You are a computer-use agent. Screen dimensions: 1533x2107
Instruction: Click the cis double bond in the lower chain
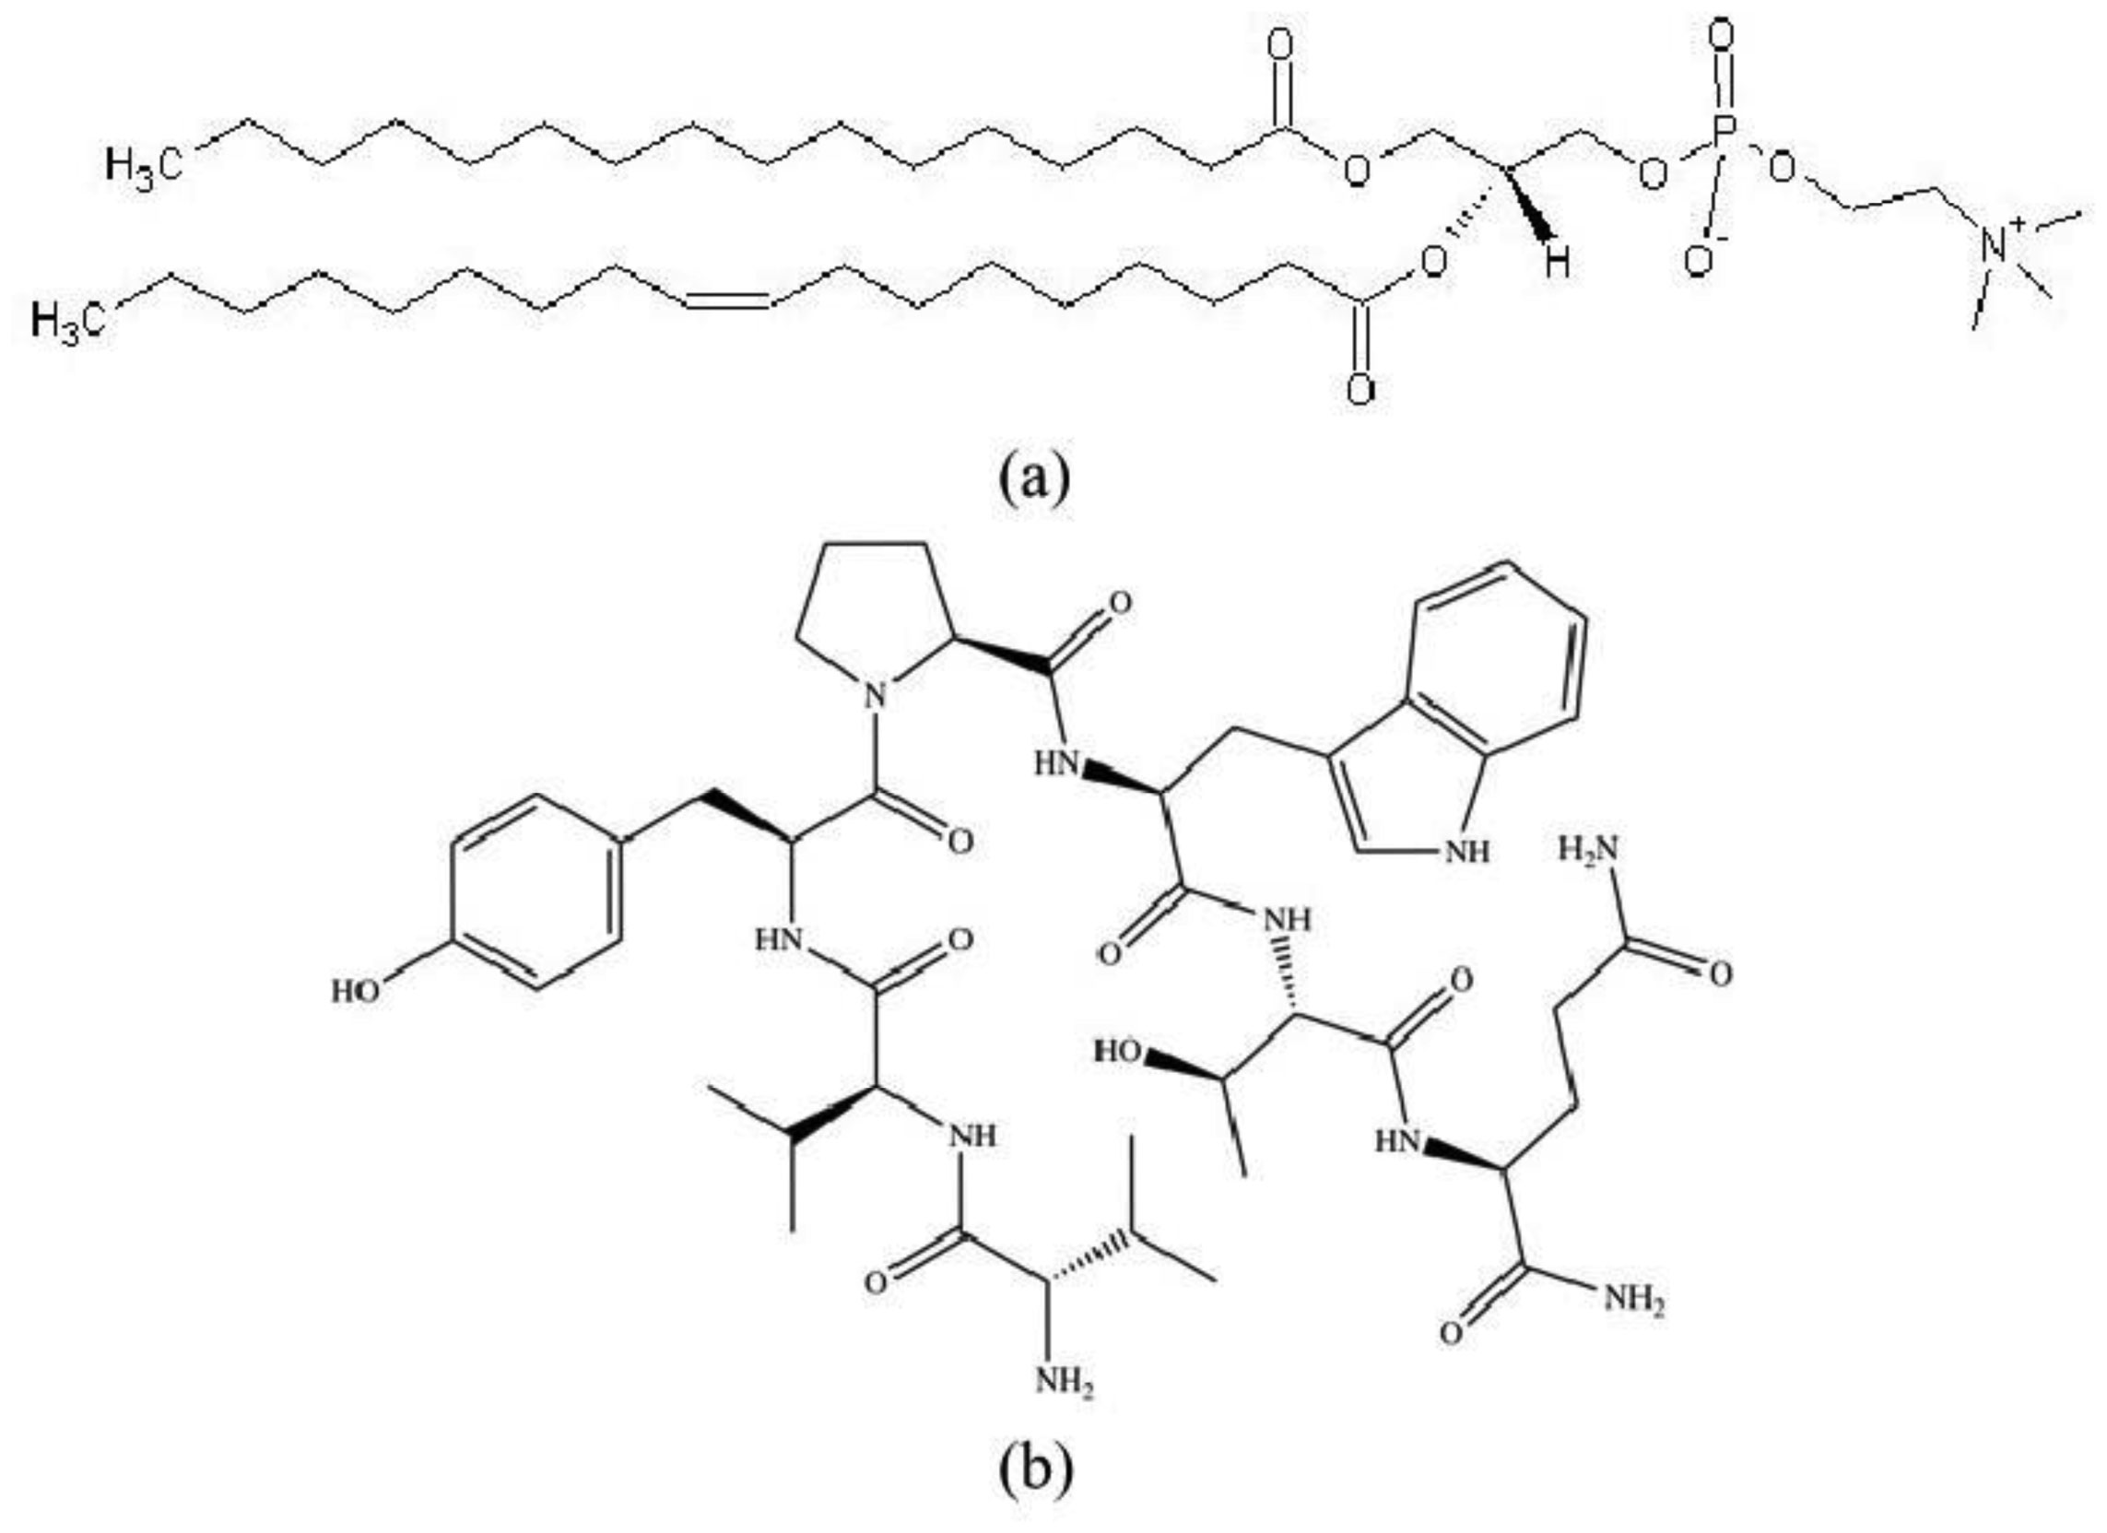click(727, 298)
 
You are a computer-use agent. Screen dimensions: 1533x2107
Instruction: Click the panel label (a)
click(1035, 476)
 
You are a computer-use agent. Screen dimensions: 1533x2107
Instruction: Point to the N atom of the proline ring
click(871, 693)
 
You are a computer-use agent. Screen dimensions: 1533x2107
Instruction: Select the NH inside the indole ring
click(1466, 851)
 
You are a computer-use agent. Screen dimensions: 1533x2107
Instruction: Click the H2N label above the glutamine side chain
click(1588, 847)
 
